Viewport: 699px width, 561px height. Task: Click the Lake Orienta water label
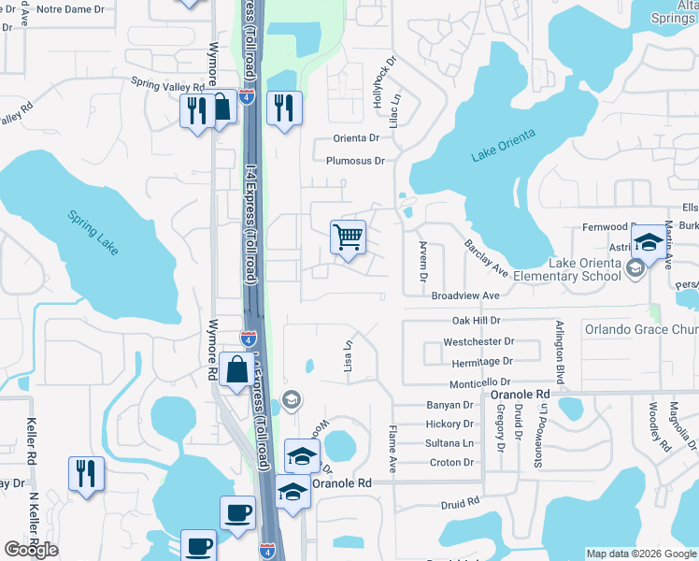tap(504, 146)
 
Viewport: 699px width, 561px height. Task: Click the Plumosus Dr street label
tap(355, 161)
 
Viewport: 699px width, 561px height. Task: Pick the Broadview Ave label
tap(465, 295)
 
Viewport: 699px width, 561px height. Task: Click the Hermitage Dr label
tap(482, 361)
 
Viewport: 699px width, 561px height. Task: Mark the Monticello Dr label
tap(479, 382)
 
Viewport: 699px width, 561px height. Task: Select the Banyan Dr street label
tap(449, 405)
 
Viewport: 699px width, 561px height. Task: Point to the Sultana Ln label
tap(449, 443)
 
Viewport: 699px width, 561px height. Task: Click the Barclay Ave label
tap(485, 258)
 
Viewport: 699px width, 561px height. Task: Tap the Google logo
tap(31, 550)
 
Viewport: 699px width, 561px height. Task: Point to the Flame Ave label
tap(392, 447)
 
